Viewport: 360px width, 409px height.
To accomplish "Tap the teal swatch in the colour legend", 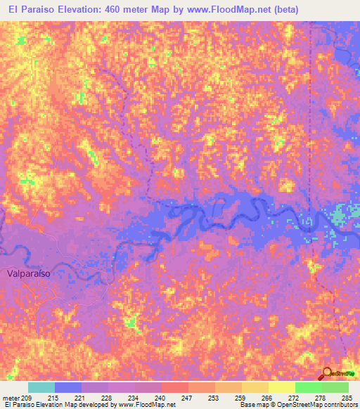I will (x=41, y=387).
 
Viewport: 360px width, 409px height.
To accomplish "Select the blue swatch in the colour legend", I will (x=68, y=387).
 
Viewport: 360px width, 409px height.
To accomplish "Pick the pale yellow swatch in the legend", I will (x=281, y=387).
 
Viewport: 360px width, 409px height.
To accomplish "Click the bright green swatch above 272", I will (x=308, y=387).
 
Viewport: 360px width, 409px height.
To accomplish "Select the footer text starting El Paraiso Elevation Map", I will (x=90, y=405).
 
